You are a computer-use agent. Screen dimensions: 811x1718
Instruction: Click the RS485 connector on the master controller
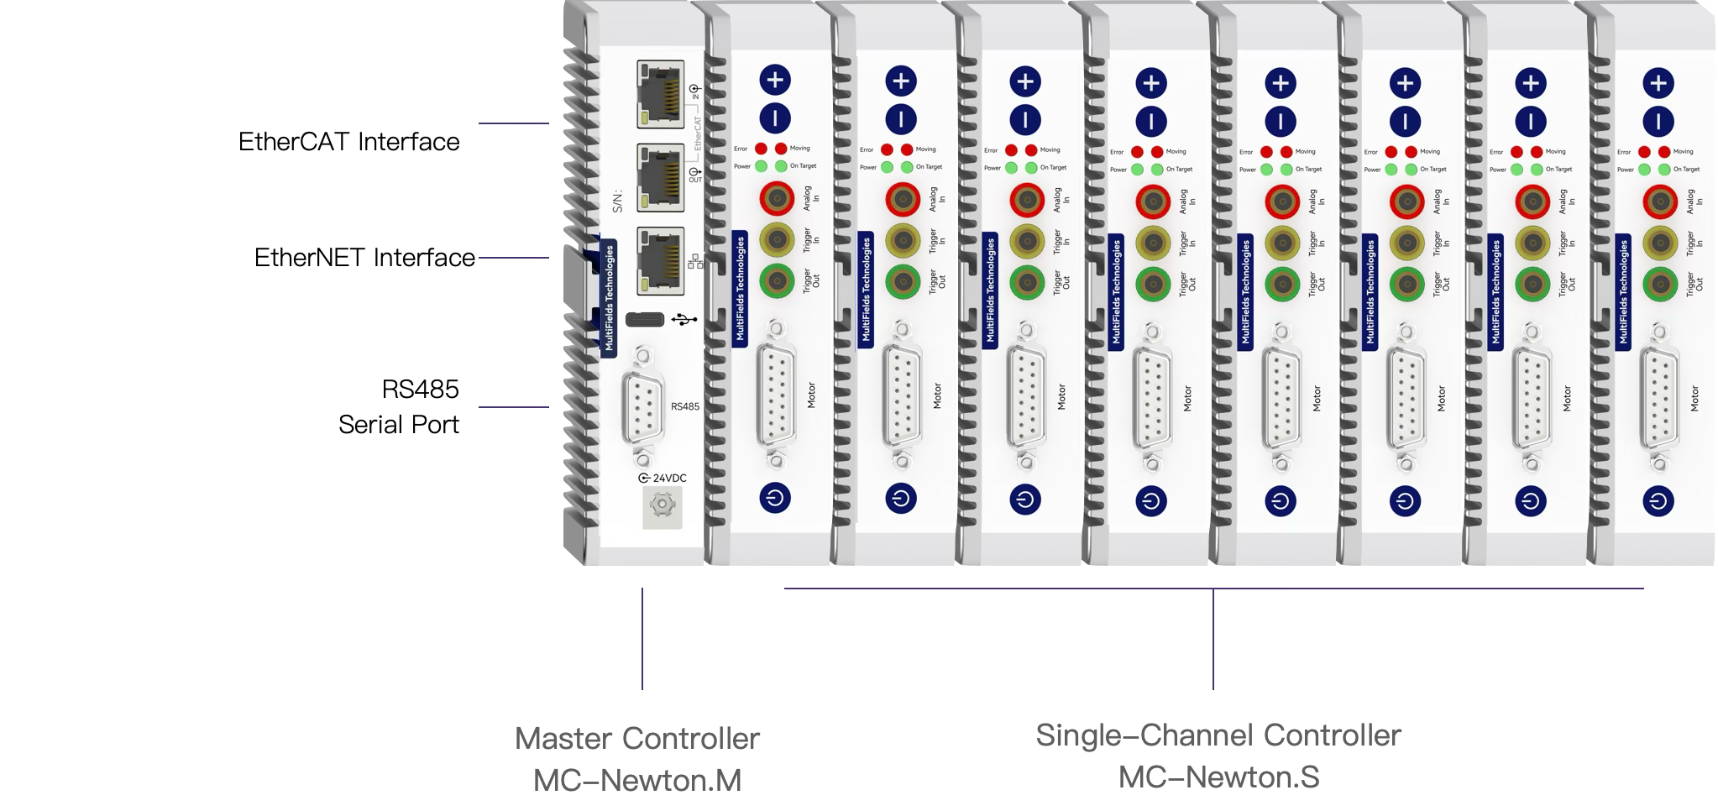pyautogui.click(x=642, y=407)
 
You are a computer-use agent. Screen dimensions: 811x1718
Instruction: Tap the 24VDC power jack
pyautogui.click(x=663, y=505)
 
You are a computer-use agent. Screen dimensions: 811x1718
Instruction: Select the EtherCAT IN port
pyautogui.click(x=660, y=94)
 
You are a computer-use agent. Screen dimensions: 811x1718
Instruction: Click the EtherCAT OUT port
pyautogui.click(x=660, y=177)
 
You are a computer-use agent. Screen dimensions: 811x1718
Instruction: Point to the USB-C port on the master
pyautogui.click(x=645, y=320)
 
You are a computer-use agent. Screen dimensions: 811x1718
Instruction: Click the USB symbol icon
pyautogui.click(x=684, y=320)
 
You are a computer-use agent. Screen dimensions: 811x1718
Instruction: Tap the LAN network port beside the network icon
pyautogui.click(x=660, y=260)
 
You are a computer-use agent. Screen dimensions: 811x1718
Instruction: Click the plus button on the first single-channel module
pyautogui.click(x=775, y=80)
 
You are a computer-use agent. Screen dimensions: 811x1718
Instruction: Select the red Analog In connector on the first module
pyautogui.click(x=777, y=199)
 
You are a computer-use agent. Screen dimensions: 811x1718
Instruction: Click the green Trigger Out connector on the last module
pyautogui.click(x=1658, y=285)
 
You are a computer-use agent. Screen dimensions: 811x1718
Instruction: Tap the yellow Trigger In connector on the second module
pyautogui.click(x=902, y=240)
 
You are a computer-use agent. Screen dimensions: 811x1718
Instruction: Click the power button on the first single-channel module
pyautogui.click(x=775, y=497)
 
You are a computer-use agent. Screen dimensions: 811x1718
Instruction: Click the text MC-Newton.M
pyautogui.click(x=637, y=781)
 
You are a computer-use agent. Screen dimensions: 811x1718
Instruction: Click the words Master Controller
pyautogui.click(x=637, y=739)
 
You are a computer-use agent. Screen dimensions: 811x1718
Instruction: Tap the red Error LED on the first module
pyautogui.click(x=762, y=149)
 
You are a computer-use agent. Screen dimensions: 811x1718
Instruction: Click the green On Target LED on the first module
pyautogui.click(x=782, y=165)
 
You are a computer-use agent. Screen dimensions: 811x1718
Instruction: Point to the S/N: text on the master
pyautogui.click(x=618, y=201)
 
